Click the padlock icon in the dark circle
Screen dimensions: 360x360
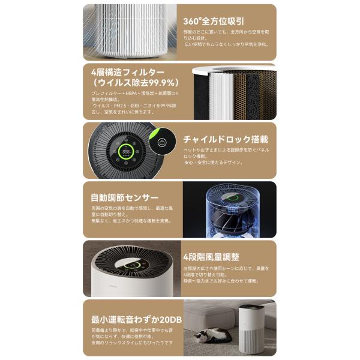pos(161,143)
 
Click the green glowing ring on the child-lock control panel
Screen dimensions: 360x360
pos(127,152)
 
